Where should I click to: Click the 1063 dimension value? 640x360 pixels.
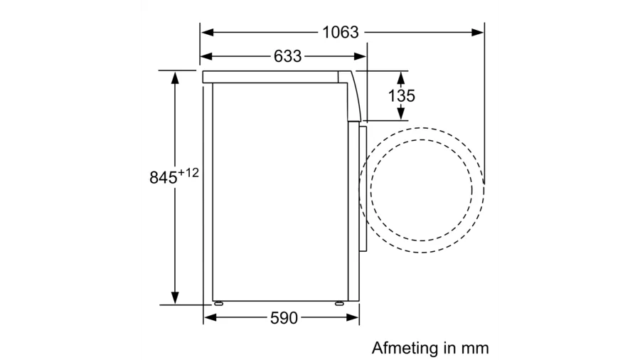tap(341, 32)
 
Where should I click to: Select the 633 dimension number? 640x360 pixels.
tap(288, 56)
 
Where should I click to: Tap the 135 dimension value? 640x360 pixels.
tap(401, 96)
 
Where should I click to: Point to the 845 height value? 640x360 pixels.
tap(164, 178)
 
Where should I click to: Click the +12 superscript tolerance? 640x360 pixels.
tap(188, 173)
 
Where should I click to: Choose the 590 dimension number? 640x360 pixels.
tap(284, 318)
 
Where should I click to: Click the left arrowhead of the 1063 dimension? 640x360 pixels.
tap(208, 32)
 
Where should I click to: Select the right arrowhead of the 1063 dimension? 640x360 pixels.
tap(478, 32)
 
